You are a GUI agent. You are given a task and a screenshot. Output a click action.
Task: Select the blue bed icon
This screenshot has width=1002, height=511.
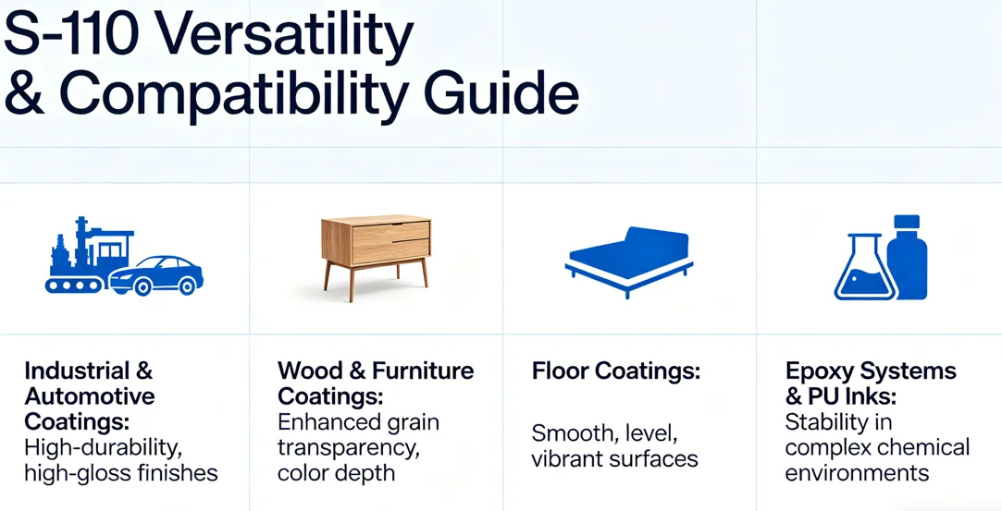coord(629,260)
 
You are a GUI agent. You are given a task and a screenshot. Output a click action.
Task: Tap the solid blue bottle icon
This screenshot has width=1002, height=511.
coord(908,258)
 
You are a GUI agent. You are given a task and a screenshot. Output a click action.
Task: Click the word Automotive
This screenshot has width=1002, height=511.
coord(90,396)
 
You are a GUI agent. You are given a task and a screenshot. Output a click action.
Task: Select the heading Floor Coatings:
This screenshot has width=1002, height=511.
coord(616,371)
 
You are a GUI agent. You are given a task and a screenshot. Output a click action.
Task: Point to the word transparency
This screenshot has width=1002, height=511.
coord(349,448)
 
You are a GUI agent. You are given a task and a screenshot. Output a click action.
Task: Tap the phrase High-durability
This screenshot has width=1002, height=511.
coord(104,448)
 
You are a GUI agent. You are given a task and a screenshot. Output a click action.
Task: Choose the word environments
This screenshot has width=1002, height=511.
coord(857,473)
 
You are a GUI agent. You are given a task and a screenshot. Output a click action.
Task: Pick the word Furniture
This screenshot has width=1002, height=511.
coord(423,370)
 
